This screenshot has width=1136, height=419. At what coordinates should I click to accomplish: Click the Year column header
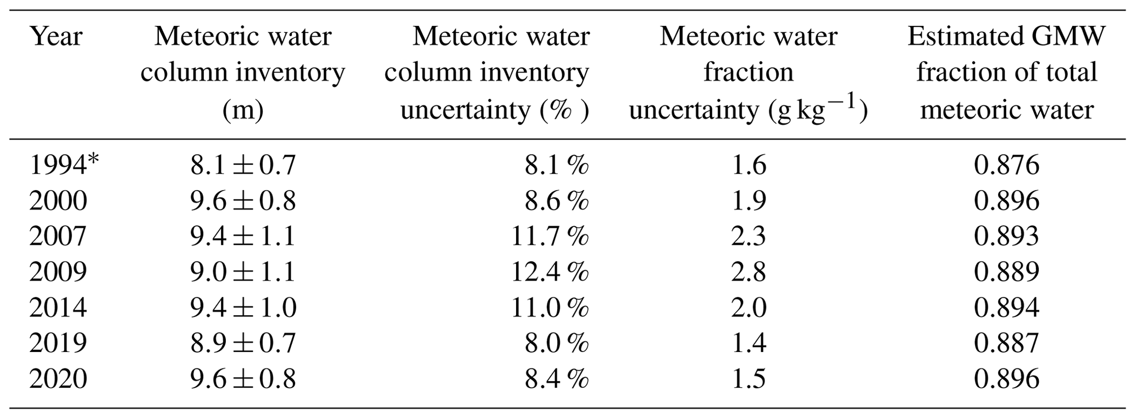pos(56,37)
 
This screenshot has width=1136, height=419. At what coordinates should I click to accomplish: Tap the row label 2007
pos(58,236)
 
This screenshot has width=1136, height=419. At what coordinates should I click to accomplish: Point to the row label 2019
pos(58,343)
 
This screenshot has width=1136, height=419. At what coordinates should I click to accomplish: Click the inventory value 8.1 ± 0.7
pos(243,165)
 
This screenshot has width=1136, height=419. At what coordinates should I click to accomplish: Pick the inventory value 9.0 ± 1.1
pos(243,272)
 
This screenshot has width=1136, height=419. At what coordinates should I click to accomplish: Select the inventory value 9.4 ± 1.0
pos(243,308)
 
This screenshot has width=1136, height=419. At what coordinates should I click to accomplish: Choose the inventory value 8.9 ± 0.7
pos(243,343)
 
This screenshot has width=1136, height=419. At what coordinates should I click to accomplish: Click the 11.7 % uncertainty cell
pos(550,236)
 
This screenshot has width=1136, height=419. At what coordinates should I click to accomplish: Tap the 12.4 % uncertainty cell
pos(550,272)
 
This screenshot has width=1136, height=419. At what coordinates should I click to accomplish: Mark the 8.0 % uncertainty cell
pos(556,343)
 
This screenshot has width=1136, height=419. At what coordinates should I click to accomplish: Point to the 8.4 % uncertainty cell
pos(556,379)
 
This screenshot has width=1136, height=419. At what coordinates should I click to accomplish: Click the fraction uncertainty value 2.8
pos(748,272)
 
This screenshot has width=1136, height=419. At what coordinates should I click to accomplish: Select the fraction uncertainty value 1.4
pos(748,343)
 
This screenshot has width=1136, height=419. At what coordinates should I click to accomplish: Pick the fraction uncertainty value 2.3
pos(748,236)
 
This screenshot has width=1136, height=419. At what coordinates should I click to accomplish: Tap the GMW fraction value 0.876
pos(1006,165)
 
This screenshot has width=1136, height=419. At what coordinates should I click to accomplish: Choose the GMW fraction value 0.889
pos(1006,272)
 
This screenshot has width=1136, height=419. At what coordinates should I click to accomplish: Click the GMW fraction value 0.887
pos(1006,343)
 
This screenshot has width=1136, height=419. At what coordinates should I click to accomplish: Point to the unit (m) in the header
pos(243,110)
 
